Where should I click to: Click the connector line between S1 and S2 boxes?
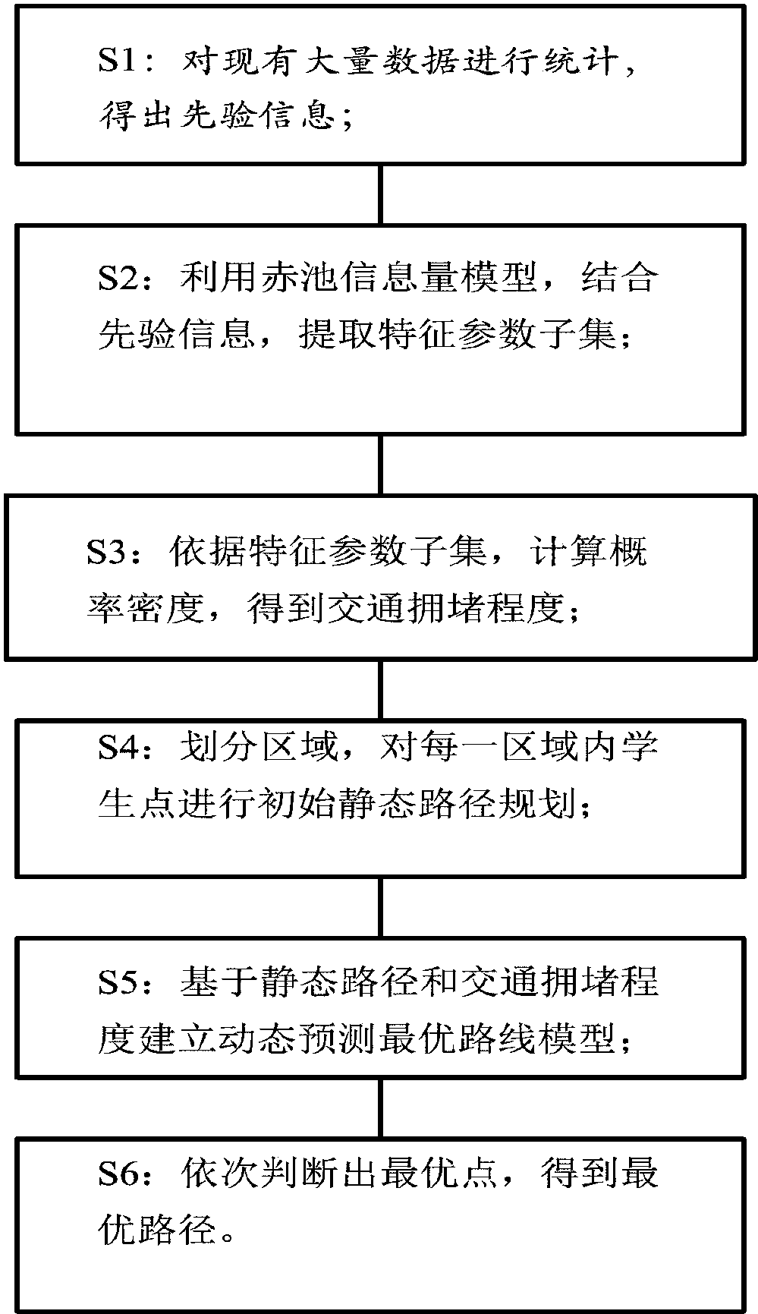pos(380,194)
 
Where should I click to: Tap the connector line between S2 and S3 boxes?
pos(380,465)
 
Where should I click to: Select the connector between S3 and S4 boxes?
pos(380,689)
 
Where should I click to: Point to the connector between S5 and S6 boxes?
pos(380,1107)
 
